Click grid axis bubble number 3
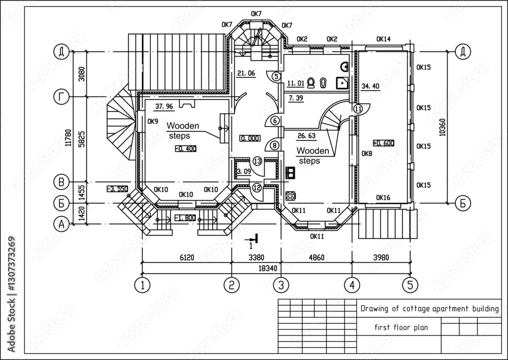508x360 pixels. (280, 285)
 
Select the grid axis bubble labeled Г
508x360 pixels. (61, 97)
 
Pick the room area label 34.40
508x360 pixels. (370, 86)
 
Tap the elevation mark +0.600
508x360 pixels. (384, 143)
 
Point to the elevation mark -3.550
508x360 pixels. (116, 189)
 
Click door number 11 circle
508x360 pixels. (358, 108)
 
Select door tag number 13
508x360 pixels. (257, 161)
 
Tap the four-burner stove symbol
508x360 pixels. (291, 195)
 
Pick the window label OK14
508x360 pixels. (384, 39)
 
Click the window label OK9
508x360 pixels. (152, 122)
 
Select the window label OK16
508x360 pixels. (383, 197)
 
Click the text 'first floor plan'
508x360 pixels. (393, 327)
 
